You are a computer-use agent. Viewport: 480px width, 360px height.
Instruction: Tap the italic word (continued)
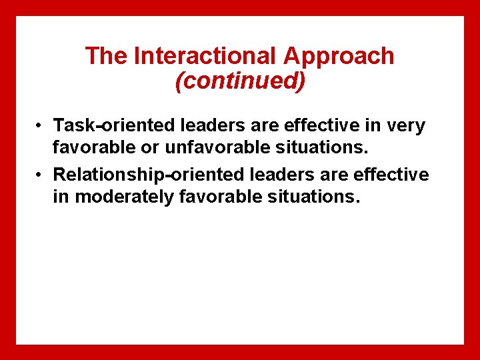[240, 81]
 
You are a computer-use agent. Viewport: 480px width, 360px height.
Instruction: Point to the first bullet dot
[41, 125]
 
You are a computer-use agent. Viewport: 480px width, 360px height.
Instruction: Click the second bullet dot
[41, 175]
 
